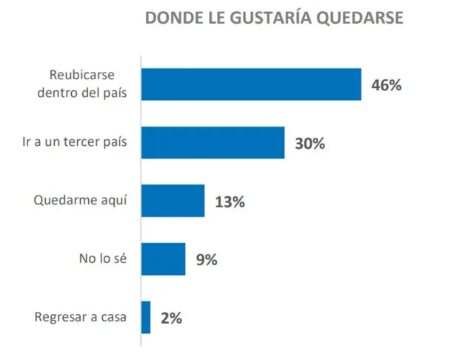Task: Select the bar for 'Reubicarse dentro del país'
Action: [251, 84]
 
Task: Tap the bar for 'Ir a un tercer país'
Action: [213, 142]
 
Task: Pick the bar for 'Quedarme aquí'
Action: [173, 201]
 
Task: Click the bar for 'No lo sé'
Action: [163, 259]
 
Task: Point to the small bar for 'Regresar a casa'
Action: [146, 317]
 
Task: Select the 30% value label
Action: [310, 144]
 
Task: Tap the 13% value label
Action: [230, 201]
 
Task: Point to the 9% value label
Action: [206, 259]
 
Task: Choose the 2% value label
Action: [171, 318]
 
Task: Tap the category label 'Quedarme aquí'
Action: [81, 201]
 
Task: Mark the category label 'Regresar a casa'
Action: [81, 317]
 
